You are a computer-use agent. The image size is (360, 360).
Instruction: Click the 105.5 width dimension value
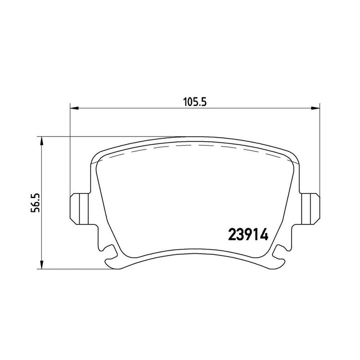pyautogui.click(x=195, y=102)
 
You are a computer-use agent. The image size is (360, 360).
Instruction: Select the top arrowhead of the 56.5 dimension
pyautogui.click(x=42, y=141)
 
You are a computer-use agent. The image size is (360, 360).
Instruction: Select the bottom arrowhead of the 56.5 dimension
pyautogui.click(x=42, y=265)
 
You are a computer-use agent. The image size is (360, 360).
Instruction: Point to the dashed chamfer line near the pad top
pyautogui.click(x=194, y=147)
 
